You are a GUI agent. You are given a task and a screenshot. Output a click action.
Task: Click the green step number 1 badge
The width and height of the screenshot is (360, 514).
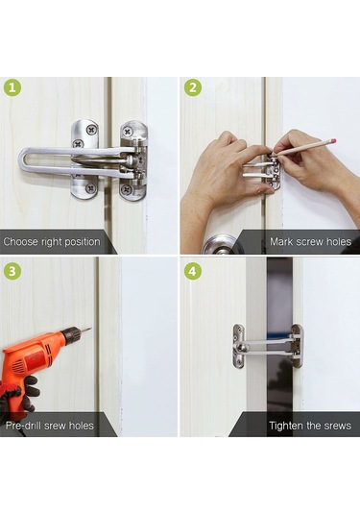click(12, 87)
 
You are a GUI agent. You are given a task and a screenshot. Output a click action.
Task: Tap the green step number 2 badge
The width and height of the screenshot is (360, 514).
click(193, 87)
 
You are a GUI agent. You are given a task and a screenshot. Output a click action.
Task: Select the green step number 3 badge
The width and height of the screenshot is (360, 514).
click(12, 271)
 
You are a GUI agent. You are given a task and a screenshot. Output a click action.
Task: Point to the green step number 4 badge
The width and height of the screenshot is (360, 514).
click(193, 271)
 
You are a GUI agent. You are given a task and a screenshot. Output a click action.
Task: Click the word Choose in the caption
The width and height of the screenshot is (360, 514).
click(21, 242)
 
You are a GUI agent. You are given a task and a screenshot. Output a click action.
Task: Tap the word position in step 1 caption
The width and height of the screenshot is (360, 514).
click(83, 242)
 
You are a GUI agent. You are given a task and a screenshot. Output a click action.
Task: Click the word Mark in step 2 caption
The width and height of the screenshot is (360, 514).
click(281, 242)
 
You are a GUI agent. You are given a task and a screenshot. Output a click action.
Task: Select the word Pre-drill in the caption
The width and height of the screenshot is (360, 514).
click(23, 426)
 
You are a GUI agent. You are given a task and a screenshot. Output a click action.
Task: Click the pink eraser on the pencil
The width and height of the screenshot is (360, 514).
click(334, 140)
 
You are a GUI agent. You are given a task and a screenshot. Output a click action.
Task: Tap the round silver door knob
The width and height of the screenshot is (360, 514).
click(219, 245)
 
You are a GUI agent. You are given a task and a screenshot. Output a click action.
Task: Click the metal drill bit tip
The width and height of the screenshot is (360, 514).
click(86, 329)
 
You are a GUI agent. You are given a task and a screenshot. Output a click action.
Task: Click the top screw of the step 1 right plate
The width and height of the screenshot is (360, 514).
click(127, 133)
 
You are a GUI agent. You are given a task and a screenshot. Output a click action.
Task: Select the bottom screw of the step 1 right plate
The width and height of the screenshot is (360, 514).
click(127, 189)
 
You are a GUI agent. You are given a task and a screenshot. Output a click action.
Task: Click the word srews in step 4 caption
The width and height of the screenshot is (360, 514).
click(337, 427)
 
